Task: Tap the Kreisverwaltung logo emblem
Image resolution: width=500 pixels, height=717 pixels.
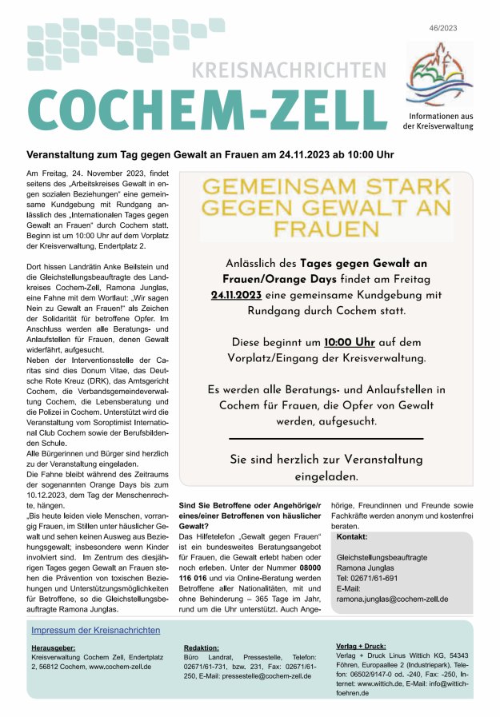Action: pos(438,75)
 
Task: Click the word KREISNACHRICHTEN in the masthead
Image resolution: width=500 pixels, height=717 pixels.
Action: pos(289,70)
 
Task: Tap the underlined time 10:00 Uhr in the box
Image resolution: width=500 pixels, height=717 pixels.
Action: pos(350,342)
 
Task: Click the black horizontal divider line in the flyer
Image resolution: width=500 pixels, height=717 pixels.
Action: pos(326,439)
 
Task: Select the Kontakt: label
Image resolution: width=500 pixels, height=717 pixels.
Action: pos(352,538)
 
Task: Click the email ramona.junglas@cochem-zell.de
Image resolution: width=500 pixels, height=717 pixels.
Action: pos(392,599)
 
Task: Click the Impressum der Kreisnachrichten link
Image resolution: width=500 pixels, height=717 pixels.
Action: pos(96,630)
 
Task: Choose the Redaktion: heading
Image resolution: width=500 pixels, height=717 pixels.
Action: pos(202,648)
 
